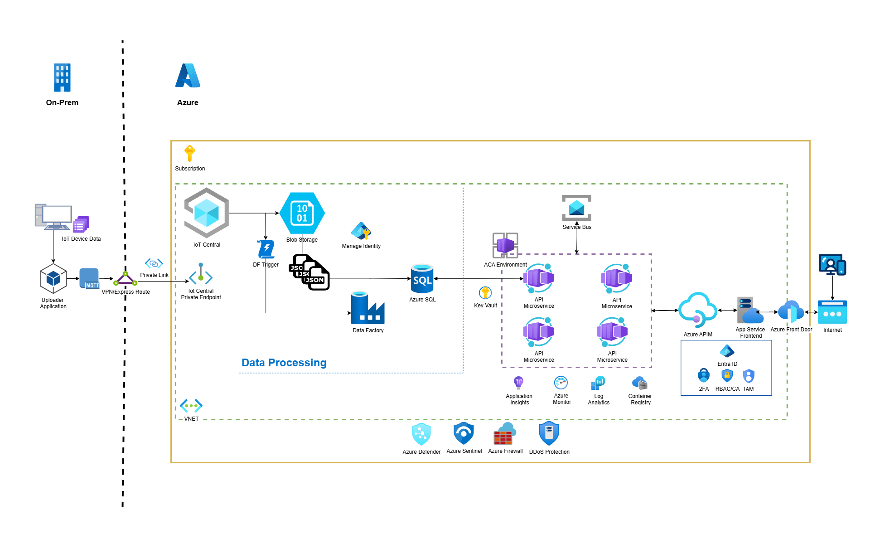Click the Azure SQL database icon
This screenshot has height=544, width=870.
422,279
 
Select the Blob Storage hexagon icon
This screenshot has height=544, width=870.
302,213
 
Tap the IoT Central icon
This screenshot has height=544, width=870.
207,213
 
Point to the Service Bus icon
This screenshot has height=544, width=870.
576,208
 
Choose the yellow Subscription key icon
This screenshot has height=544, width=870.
190,153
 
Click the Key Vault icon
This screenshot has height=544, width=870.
485,293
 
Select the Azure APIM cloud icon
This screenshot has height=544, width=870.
698,310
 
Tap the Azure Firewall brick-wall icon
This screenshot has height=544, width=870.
504,434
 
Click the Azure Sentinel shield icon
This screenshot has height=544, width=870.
464,433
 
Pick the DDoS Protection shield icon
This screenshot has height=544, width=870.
549,433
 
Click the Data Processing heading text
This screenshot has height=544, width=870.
284,363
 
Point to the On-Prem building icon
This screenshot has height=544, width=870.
62,78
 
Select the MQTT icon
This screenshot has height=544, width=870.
89,278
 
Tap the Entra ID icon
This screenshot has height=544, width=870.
727,351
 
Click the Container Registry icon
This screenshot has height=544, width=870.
640,384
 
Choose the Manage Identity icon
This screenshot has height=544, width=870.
361,231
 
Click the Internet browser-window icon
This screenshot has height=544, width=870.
832,312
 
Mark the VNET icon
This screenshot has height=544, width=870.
191,405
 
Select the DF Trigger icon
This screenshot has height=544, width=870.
266,249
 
